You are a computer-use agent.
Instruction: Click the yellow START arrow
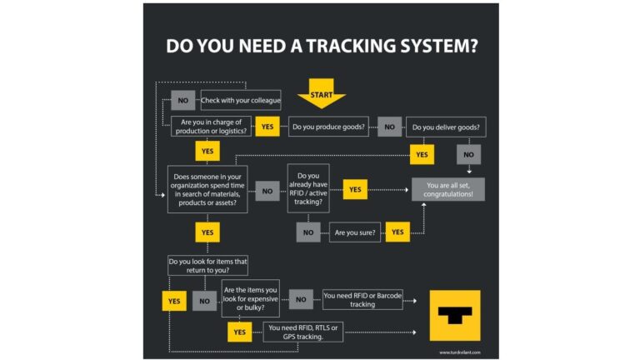point(321,94)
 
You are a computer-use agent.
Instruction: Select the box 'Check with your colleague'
point(241,101)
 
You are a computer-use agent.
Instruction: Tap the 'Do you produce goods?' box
point(330,127)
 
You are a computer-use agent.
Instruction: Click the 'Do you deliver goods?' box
point(447,127)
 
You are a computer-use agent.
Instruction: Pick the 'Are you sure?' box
point(355,232)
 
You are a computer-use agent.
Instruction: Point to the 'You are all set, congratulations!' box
point(448,189)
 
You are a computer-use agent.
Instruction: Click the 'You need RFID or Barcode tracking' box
point(362,299)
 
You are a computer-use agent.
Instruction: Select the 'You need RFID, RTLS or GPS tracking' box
point(302,332)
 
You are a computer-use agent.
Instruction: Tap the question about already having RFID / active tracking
point(307,189)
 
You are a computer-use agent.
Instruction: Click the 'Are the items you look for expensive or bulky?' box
point(249,298)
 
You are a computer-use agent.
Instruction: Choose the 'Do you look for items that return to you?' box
point(209,265)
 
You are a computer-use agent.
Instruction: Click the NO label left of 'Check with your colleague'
point(182,101)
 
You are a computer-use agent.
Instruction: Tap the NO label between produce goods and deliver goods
point(389,127)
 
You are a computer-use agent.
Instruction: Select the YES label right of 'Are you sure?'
point(397,232)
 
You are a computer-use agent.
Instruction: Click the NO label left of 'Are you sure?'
point(308,232)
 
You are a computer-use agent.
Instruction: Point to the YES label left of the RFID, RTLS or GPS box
point(239,332)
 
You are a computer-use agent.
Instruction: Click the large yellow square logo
point(455,315)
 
